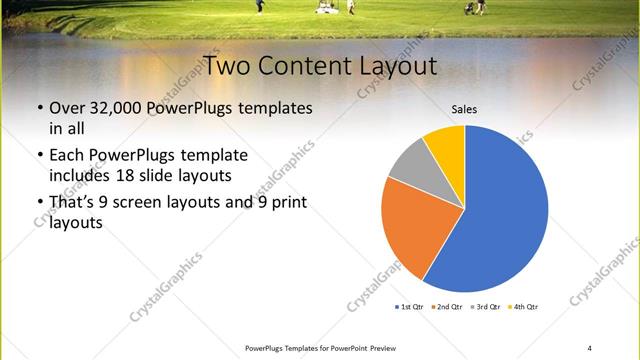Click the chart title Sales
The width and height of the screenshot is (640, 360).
click(464, 109)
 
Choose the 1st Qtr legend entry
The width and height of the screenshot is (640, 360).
click(410, 306)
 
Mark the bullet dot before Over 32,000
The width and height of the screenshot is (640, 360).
click(38, 108)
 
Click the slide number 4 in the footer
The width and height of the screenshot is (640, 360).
click(590, 348)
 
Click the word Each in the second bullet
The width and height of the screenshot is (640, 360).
click(69, 156)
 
